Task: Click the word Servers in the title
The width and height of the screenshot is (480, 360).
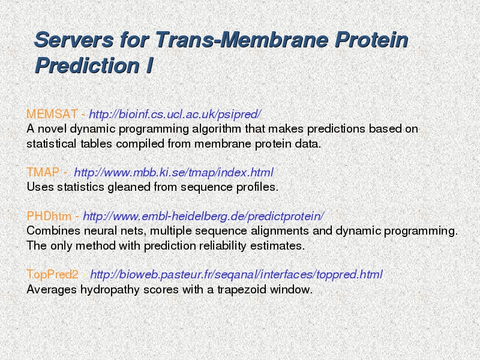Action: (x=74, y=40)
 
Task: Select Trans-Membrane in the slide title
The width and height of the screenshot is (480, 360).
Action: (x=242, y=40)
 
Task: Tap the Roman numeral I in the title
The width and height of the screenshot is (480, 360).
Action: (x=149, y=65)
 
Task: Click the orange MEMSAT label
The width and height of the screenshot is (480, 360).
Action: (x=52, y=114)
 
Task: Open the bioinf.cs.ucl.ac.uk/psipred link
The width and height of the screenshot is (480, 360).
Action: (x=175, y=115)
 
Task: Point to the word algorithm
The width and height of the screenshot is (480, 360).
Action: (x=217, y=129)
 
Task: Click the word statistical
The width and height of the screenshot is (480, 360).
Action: (x=51, y=143)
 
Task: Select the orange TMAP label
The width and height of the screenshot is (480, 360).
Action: (x=43, y=172)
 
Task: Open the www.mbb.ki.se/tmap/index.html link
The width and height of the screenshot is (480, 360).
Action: (x=173, y=173)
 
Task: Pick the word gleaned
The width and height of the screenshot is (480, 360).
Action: (x=129, y=187)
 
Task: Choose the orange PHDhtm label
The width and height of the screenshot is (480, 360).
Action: (x=49, y=216)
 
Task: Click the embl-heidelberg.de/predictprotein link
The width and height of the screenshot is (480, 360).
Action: (x=203, y=217)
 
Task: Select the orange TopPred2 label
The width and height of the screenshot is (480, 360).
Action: (x=53, y=274)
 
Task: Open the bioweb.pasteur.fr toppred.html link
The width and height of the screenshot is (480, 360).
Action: (x=236, y=275)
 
